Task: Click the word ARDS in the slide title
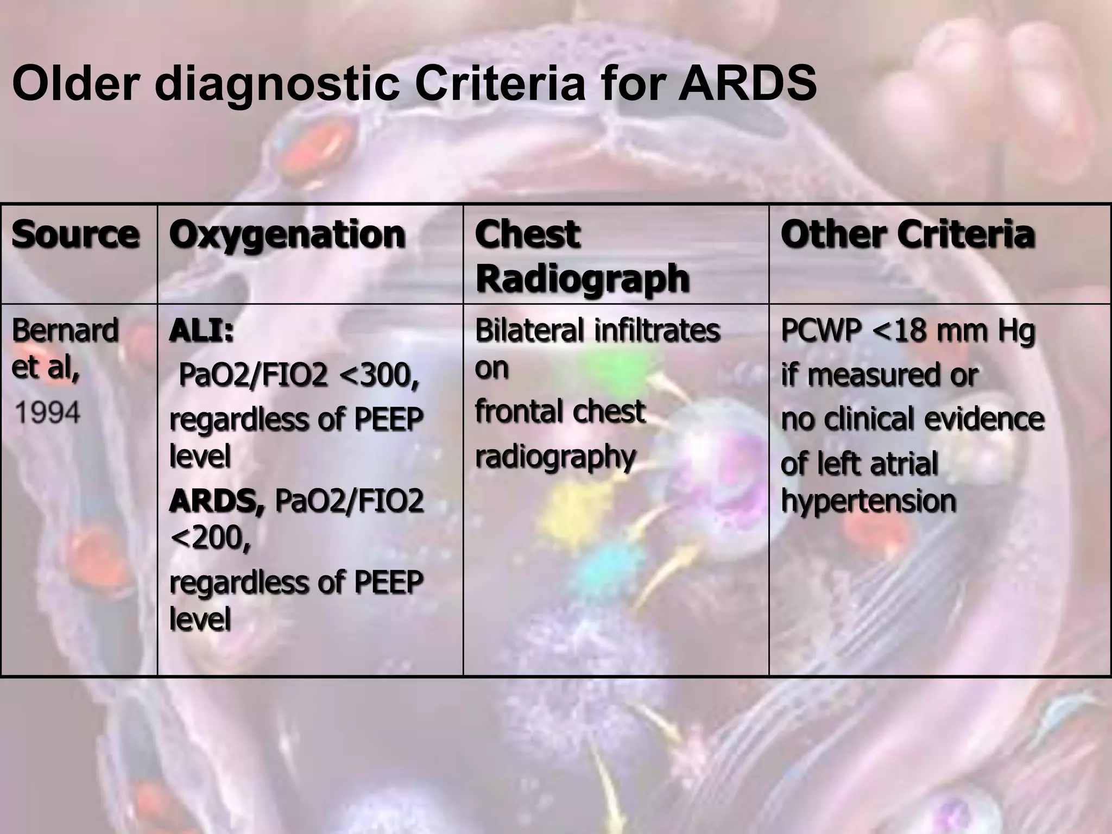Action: coord(747,84)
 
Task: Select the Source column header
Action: coord(75,235)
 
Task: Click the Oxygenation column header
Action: coord(287,235)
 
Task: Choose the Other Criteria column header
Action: coord(907,235)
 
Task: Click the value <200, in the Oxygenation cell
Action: coord(210,538)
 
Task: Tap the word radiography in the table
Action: coord(555,457)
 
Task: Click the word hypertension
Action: coord(868,501)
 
